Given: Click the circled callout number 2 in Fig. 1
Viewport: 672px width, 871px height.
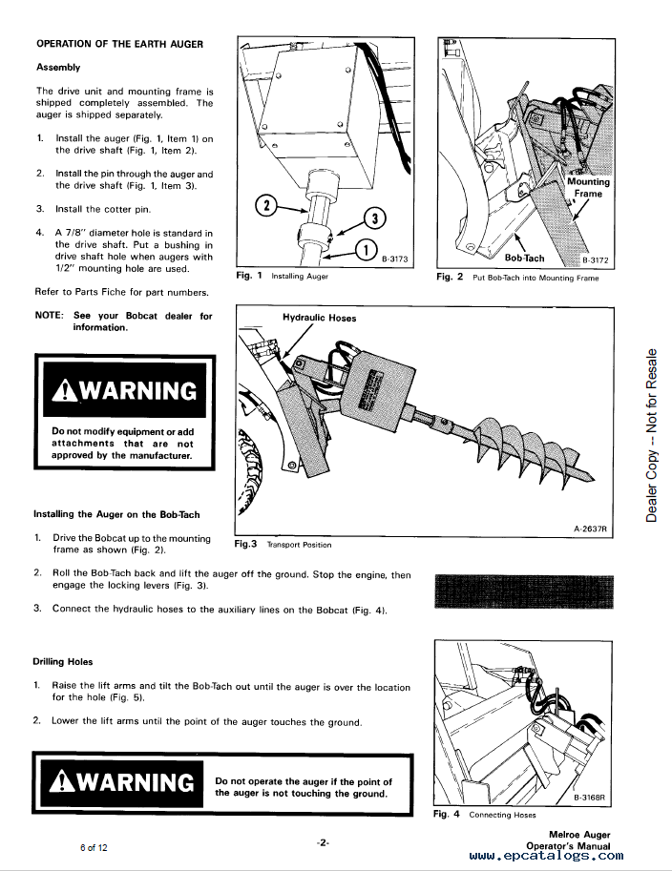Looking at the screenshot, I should (x=267, y=205).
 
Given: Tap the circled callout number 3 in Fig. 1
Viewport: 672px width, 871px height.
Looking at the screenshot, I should (x=375, y=218).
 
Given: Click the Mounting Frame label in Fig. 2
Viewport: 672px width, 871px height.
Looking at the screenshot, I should (x=588, y=187).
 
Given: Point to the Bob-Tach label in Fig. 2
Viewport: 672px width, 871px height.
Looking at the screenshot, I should (x=524, y=258).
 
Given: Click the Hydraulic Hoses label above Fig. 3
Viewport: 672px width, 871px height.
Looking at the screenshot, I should (x=319, y=318).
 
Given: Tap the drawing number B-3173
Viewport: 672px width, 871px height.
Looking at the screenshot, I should (x=395, y=258).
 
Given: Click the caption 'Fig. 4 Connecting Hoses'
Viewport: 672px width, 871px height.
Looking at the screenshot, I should (x=485, y=815).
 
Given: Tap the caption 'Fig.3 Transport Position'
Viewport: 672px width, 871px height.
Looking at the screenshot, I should (x=283, y=544).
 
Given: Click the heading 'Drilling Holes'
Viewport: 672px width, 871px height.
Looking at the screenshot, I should (x=63, y=661).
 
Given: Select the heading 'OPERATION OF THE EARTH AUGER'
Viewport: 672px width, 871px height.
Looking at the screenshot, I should (x=119, y=44).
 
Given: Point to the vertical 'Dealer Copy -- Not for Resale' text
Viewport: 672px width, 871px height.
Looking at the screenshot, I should (x=652, y=436).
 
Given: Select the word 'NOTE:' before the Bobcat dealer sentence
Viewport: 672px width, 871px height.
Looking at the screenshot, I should (x=50, y=316).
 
